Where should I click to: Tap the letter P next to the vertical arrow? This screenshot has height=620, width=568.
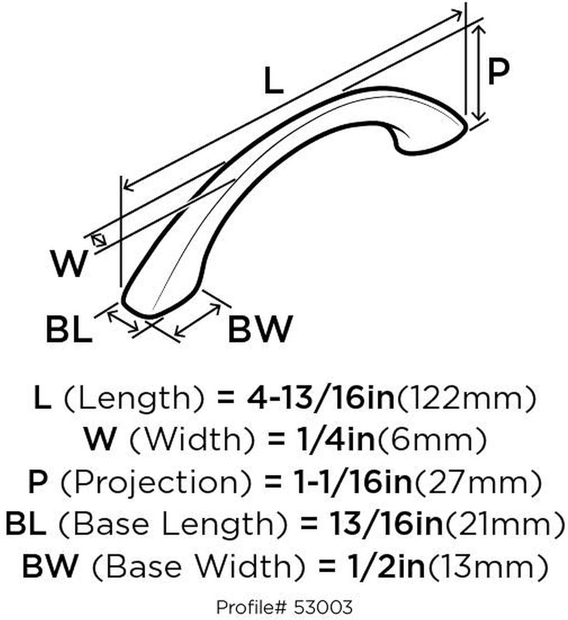pos(498,72)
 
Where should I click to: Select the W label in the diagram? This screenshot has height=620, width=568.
pos(69,264)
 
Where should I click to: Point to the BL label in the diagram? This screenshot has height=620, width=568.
pos(69,329)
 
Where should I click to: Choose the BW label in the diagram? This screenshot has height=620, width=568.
pos(260,329)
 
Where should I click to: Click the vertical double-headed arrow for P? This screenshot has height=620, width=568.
pos(478,73)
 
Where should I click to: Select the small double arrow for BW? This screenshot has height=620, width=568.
pos(198,320)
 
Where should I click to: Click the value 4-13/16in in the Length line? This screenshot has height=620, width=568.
pos(320,399)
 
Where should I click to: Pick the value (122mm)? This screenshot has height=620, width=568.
pos(465,400)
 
